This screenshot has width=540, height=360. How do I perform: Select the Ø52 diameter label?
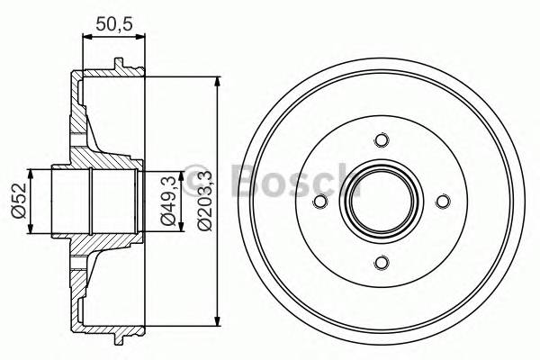17,200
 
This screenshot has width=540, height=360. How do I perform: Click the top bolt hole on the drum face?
381,140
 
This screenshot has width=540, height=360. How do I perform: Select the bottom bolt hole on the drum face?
381,262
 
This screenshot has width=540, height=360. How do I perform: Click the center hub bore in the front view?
381,202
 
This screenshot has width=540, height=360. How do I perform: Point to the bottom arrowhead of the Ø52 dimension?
32,229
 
